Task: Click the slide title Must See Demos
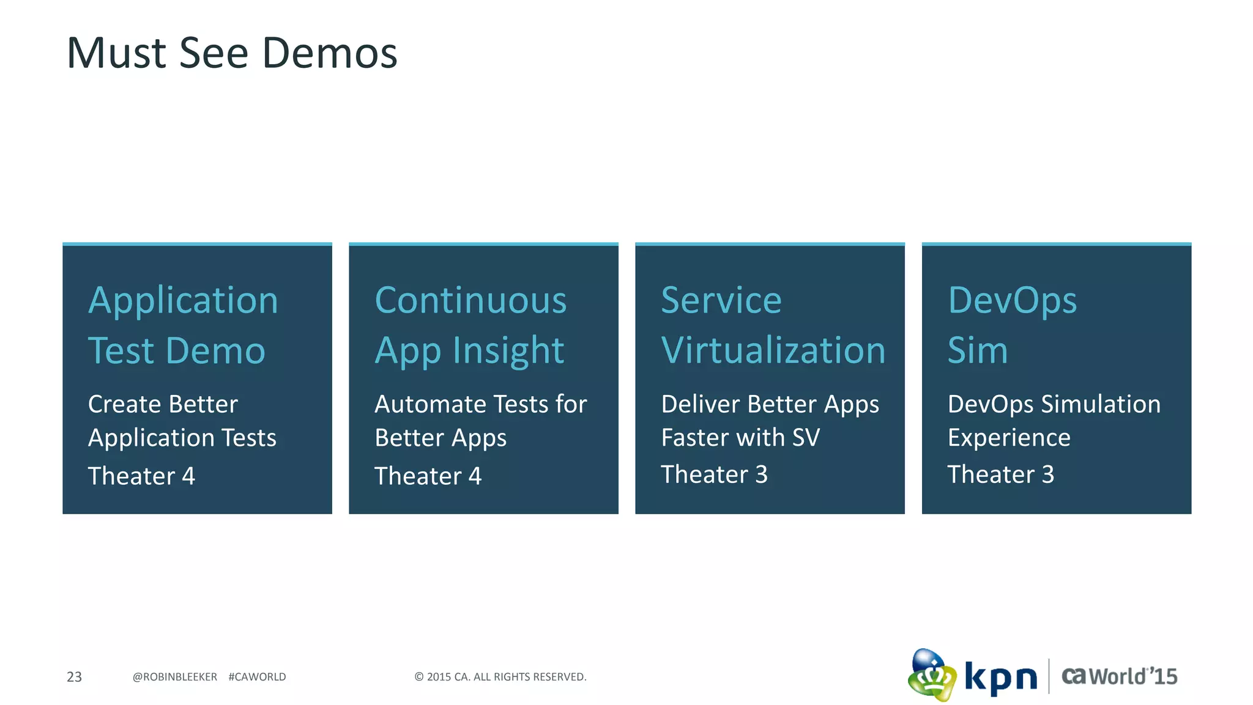[232, 53]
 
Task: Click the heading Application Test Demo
[182, 325]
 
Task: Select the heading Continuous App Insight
[470, 325]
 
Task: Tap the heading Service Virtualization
[773, 325]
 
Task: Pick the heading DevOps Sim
[1011, 325]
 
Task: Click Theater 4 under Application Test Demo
[141, 476]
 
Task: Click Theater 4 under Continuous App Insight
[428, 476]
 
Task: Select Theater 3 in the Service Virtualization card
[714, 474]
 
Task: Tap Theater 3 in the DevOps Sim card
[1000, 474]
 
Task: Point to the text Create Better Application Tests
[182, 421]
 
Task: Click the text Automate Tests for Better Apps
[480, 421]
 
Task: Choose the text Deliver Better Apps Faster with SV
[770, 421]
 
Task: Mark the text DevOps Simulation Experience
[1054, 421]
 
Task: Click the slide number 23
[74, 677]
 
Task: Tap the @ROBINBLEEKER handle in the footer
[174, 677]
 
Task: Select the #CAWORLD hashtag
[257, 677]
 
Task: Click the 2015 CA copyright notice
[500, 677]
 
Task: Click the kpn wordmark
[1001, 677]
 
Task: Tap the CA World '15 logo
[1119, 676]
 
